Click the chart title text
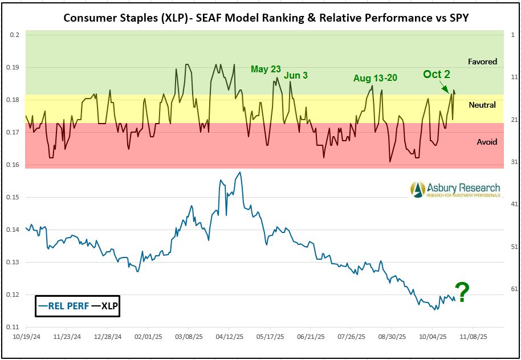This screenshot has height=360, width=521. pos(266,17)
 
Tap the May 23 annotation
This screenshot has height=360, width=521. pos(266,69)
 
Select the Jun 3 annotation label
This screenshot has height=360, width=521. pos(295,76)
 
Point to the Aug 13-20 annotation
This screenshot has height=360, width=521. pos(375,78)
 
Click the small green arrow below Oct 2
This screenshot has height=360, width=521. pos(445,87)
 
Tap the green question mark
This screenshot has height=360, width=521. pos(462,293)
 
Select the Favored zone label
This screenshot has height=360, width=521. pos(482,62)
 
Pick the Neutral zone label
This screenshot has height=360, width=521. pos(482,105)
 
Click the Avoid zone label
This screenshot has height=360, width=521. pos(487,142)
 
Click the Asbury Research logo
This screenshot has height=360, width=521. pos(455,190)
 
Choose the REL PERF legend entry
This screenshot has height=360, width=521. pos(63,306)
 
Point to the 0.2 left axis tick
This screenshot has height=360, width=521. pos(15,35)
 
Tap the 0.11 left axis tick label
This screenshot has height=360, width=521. pos(13,328)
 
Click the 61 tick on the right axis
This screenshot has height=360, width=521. pos(514,289)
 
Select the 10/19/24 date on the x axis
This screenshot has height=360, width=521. pos(26,337)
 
